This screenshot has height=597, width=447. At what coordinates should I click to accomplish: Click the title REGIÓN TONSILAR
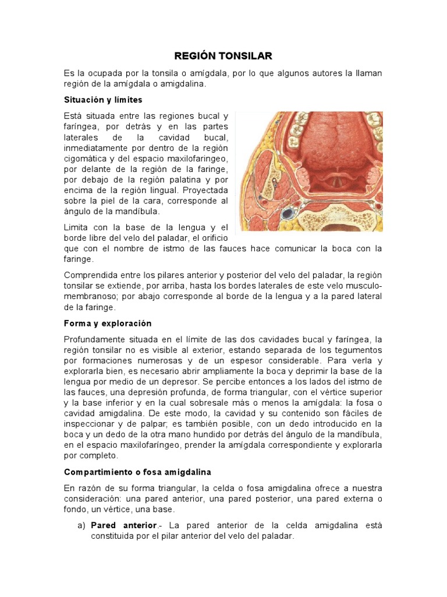223,56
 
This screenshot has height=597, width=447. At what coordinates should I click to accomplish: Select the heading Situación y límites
102,100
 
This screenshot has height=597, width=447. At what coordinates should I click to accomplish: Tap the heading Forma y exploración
107,323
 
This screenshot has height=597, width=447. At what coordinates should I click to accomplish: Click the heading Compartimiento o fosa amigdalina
137,472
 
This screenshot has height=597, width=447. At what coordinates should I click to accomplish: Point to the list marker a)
81,525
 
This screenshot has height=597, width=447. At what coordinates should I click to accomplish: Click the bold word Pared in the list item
104,525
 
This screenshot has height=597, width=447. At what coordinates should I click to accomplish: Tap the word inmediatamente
95,148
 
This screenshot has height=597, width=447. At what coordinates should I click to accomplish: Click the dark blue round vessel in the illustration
288,214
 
